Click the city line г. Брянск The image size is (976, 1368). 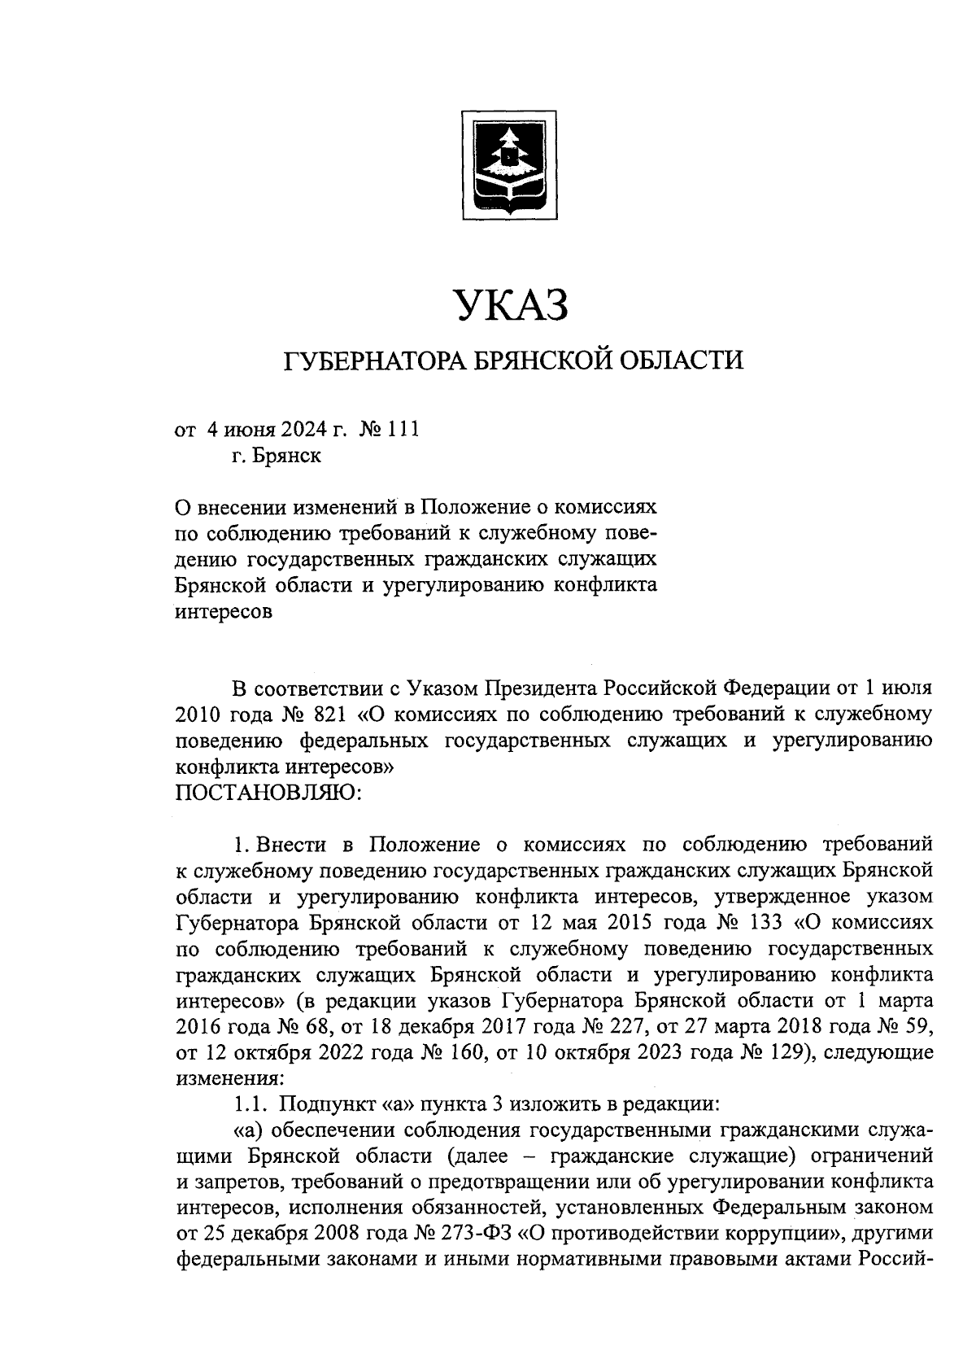[276, 456]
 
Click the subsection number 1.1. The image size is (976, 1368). [248, 1104]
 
